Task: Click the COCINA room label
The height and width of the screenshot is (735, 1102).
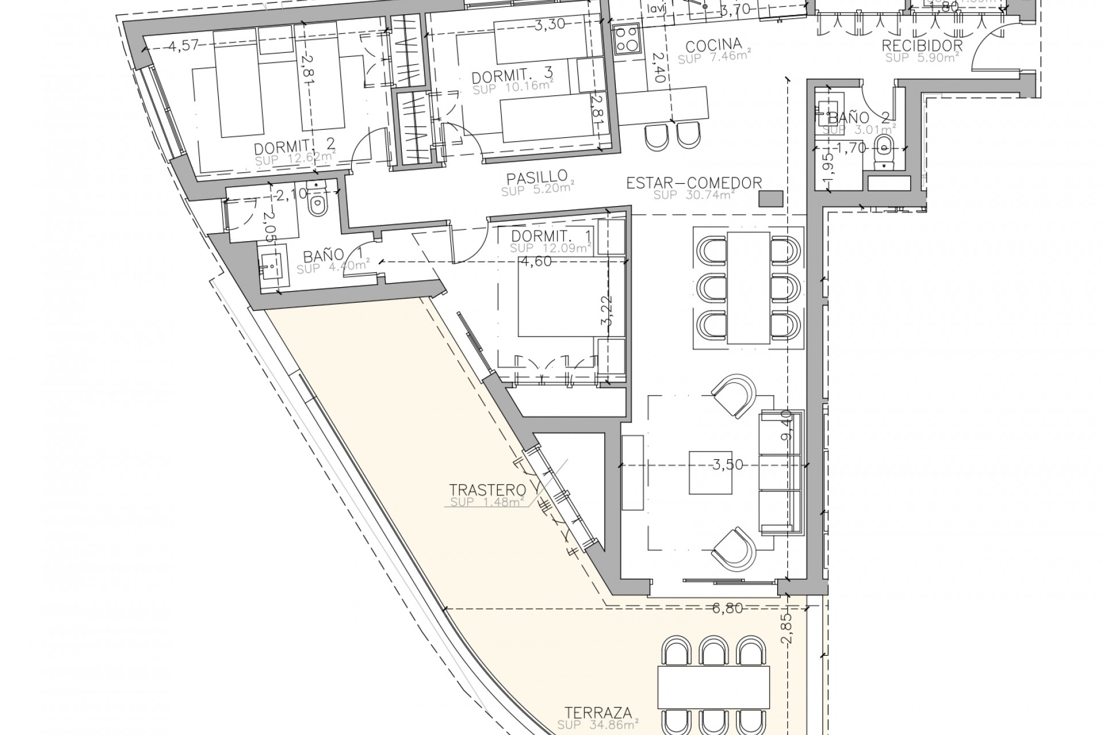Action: pyautogui.click(x=714, y=45)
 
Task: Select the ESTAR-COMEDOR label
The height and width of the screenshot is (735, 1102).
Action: pyautogui.click(x=694, y=183)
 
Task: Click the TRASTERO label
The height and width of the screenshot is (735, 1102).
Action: pyautogui.click(x=488, y=490)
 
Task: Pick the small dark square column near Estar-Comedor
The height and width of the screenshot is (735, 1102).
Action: pyautogui.click(x=770, y=199)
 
